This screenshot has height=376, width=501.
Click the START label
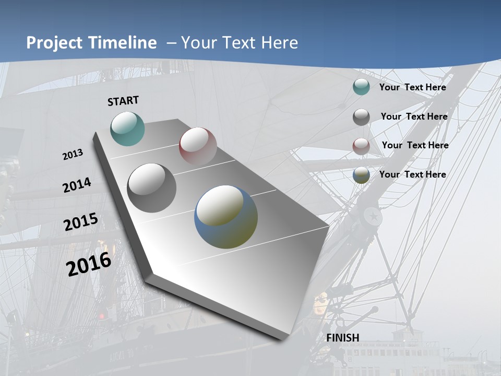tap(123, 100)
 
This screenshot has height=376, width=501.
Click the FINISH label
tap(343, 338)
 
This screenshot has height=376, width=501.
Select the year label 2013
tap(73, 155)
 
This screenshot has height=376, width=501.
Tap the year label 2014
tap(77, 185)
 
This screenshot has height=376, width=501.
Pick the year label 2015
tap(81, 222)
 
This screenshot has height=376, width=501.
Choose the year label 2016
tap(89, 264)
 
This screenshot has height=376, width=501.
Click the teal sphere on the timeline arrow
tap(128, 128)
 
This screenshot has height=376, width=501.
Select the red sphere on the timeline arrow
tap(198, 146)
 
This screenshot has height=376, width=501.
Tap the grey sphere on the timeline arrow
tap(152, 188)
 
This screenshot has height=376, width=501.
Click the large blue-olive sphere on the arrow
tap(226, 217)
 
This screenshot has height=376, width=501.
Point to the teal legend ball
tap(361, 87)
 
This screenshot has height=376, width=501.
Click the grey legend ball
tap(361, 117)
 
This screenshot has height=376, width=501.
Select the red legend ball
tap(361, 146)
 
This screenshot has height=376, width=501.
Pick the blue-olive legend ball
tap(361, 175)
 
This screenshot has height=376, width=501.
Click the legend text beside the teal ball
tap(412, 87)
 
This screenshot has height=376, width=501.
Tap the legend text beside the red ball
tap(415, 145)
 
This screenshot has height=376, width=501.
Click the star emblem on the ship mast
tap(373, 215)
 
